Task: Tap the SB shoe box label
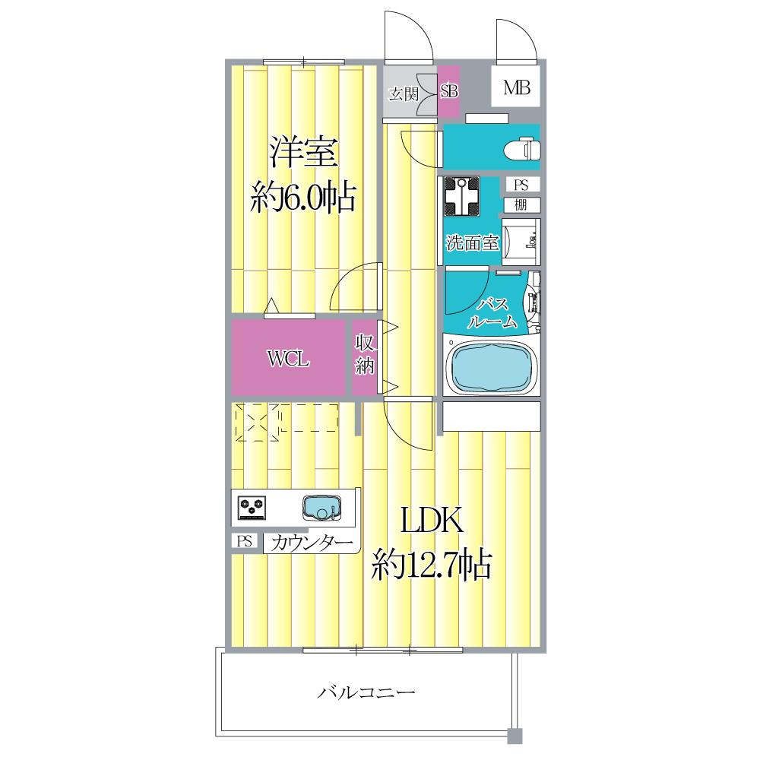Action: tap(449, 92)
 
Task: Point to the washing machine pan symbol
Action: tap(461, 196)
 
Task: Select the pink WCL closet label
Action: tap(287, 358)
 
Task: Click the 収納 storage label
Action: tap(365, 355)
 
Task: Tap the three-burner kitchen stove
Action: tap(252, 507)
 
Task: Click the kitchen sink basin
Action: tap(322, 508)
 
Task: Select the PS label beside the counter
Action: tap(244, 542)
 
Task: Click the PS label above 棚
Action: tap(521, 185)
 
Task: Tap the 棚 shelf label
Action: tap(521, 204)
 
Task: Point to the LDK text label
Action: tap(431, 522)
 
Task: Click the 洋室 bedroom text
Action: tap(302, 154)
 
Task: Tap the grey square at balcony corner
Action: tap(515, 736)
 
